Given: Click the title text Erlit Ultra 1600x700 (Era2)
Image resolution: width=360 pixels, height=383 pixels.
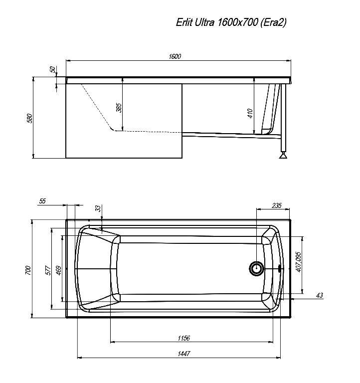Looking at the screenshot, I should pyautogui.click(x=231, y=22).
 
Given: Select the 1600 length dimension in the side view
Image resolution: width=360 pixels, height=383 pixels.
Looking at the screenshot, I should pyautogui.click(x=175, y=56).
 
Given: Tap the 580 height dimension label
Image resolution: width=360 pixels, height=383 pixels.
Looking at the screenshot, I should pyautogui.click(x=29, y=118).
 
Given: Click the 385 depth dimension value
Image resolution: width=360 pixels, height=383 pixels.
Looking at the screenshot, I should pyautogui.click(x=119, y=107).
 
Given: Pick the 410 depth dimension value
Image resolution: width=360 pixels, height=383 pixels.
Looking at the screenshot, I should pyautogui.click(x=250, y=114).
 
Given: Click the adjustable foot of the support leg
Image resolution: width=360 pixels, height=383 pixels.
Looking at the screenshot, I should pyautogui.click(x=284, y=156).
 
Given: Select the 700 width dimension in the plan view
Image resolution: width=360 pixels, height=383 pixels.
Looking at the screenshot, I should pyautogui.click(x=28, y=270).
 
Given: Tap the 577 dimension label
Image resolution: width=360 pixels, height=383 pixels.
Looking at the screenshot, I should pyautogui.click(x=48, y=270).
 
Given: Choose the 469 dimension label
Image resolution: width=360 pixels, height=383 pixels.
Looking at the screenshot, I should pyautogui.click(x=58, y=270).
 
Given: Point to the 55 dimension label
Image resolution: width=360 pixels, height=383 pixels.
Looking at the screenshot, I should pyautogui.click(x=42, y=201).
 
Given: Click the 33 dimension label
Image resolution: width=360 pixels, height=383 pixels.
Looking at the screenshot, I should pyautogui.click(x=98, y=208).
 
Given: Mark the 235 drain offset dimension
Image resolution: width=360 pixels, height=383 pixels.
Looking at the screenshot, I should pyautogui.click(x=277, y=205).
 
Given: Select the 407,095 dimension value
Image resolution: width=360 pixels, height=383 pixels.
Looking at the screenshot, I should pyautogui.click(x=298, y=262).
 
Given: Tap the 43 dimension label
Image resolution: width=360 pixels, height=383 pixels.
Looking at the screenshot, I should pyautogui.click(x=320, y=296).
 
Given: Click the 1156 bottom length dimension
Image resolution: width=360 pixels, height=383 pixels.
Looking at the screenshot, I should pyautogui.click(x=183, y=338).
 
